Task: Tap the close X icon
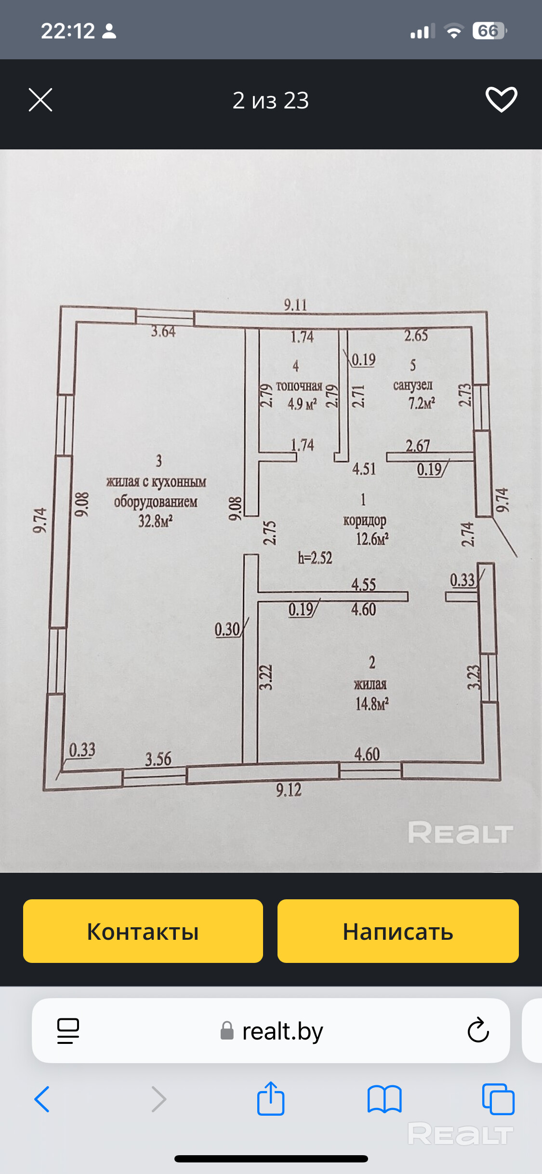(40, 100)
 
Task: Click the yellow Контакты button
(143, 931)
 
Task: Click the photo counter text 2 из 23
(270, 100)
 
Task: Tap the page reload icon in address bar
(478, 1030)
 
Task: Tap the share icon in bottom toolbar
(271, 1099)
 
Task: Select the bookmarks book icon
(384, 1099)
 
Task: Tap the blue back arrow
(42, 1099)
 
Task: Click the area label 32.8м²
(155, 521)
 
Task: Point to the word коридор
(365, 520)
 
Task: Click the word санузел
(413, 385)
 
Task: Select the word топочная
(299, 386)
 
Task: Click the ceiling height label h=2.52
(315, 558)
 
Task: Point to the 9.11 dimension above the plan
(295, 305)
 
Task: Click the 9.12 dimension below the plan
(289, 789)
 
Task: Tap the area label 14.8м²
(372, 704)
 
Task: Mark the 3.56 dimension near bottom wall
(158, 759)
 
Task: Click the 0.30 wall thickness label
(227, 629)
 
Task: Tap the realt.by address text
(282, 1031)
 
